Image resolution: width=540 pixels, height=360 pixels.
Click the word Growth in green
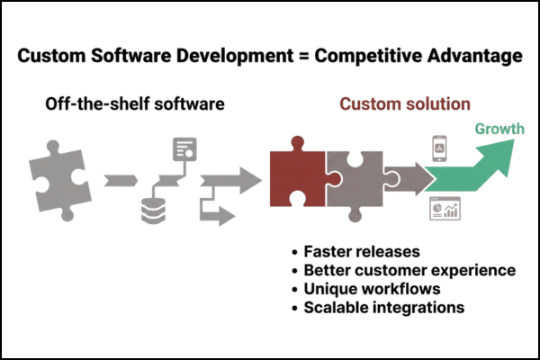tap(499, 129)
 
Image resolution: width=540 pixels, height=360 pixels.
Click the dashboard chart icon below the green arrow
tap(444, 211)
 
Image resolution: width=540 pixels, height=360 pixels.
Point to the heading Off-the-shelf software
tap(135, 103)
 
